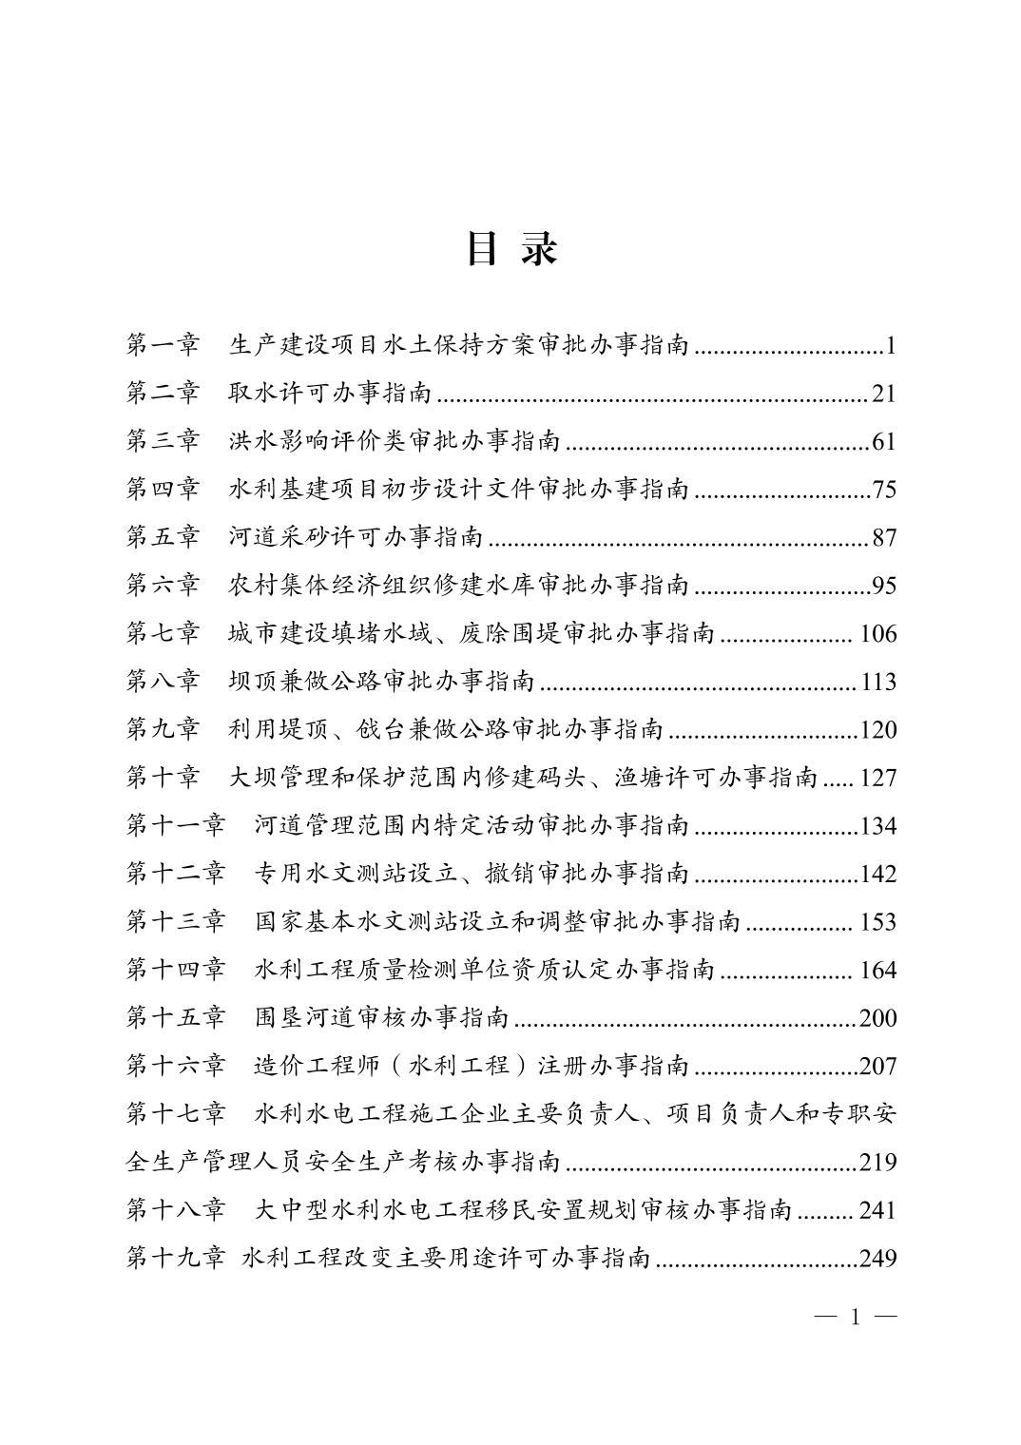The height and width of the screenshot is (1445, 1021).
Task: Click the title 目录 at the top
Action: pos(510,249)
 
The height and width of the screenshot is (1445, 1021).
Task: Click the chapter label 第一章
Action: pos(163,345)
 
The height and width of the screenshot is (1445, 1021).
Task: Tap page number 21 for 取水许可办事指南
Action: pos(883,394)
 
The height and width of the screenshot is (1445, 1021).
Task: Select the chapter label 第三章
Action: pos(163,441)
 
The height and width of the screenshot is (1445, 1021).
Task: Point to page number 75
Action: pos(884,490)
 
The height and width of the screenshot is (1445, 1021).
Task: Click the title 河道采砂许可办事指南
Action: pos(356,538)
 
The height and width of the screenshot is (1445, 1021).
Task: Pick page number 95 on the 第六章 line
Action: pos(884,586)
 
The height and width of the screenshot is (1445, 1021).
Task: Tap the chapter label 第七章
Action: pos(163,633)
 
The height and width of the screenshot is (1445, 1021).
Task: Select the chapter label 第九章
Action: pos(163,729)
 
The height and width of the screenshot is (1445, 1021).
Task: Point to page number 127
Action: pos(877,778)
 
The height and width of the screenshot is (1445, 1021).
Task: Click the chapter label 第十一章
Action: pos(176,825)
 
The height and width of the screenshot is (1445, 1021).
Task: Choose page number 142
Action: pos(877,874)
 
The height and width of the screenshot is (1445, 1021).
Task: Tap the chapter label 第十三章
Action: pos(176,921)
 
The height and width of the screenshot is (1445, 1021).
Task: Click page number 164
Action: pos(877,970)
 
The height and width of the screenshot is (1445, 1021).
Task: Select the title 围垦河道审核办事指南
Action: pos(382,1018)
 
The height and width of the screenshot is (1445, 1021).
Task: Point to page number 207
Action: pos(877,1066)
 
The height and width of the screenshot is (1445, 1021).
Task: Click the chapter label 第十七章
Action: pos(176,1113)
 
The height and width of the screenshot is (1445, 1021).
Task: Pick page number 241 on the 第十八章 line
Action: pos(877,1210)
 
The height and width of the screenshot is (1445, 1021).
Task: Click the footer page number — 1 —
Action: pos(856,1317)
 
